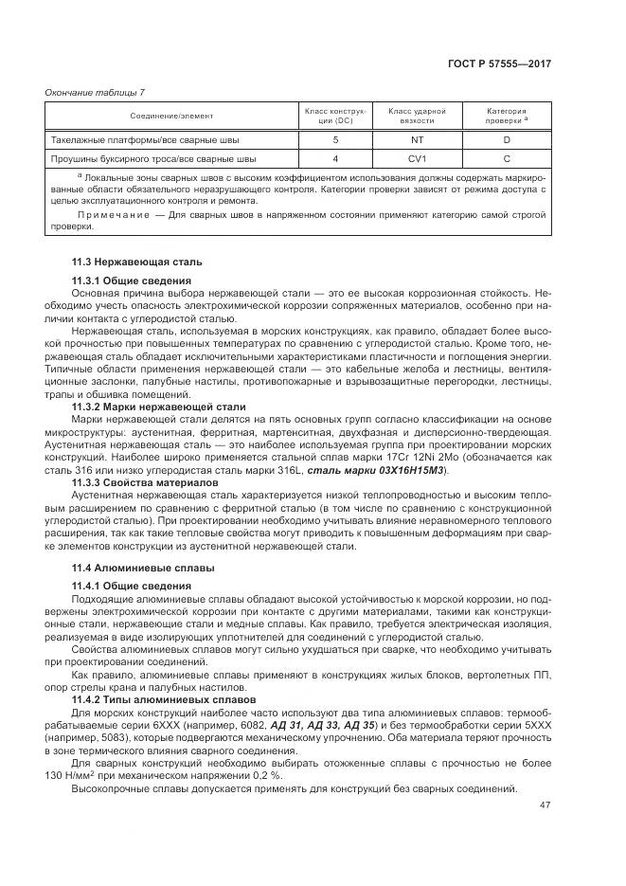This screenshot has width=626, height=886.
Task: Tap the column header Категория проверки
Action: [x=506, y=116]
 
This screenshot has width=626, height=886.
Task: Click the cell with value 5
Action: [x=335, y=140]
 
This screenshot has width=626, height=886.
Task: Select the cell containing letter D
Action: [x=507, y=140]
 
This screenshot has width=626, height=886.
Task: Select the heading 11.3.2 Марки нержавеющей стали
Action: [x=158, y=407]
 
